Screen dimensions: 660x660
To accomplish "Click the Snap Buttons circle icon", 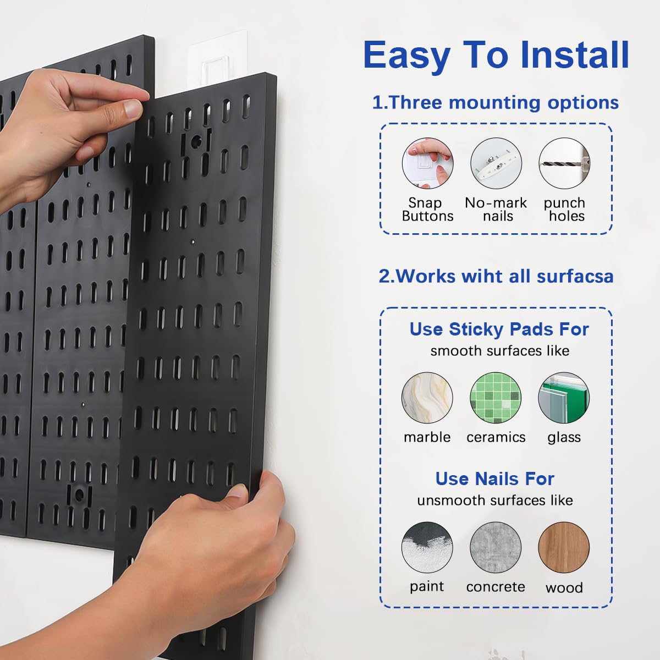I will [427, 163].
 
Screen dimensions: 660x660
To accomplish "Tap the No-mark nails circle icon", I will [496, 163].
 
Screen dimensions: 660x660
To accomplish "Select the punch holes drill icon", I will [564, 163].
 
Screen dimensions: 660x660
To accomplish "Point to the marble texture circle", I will [427, 398].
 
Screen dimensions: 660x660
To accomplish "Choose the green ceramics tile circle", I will [496, 398].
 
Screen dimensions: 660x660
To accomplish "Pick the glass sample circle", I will [564, 398].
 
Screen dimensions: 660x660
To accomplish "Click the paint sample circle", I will [427, 548].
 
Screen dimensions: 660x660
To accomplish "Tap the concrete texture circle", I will [496, 548].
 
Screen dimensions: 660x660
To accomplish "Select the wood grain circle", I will [564, 548].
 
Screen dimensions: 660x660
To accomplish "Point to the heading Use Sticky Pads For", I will [499, 329].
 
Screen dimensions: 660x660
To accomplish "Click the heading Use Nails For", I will [494, 479].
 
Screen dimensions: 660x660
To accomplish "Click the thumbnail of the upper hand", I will [134, 108].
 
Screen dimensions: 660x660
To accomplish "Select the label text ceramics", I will [496, 437].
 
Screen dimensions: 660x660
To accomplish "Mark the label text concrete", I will [496, 587].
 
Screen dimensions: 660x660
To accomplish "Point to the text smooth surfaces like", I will [499, 351].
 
